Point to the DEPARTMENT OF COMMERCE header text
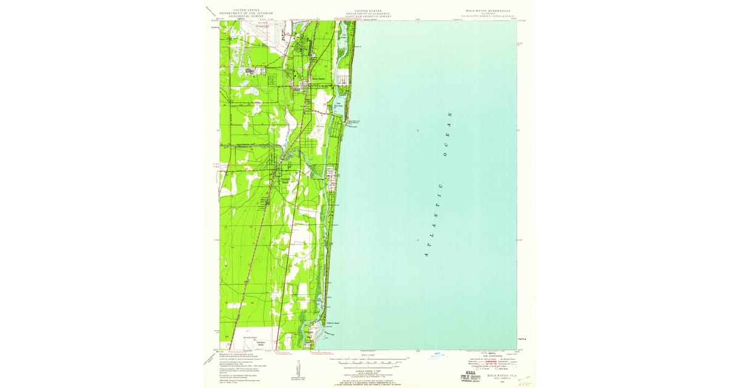pyautogui.click(x=368, y=14)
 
